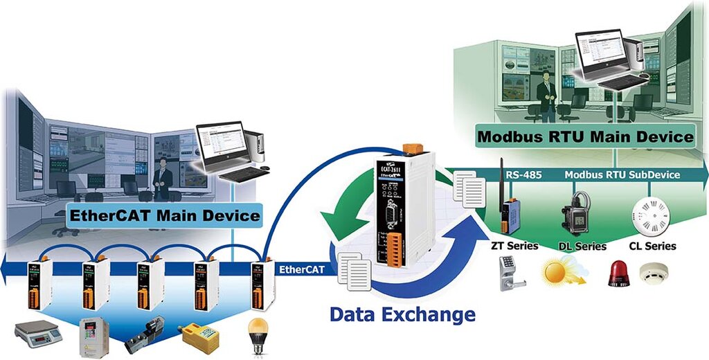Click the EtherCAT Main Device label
point(165,216)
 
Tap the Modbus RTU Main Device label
point(585,137)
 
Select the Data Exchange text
point(402,315)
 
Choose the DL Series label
point(582,246)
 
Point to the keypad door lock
point(510,273)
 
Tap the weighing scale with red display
point(37,333)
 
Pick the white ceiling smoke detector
point(652,273)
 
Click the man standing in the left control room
point(162,179)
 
